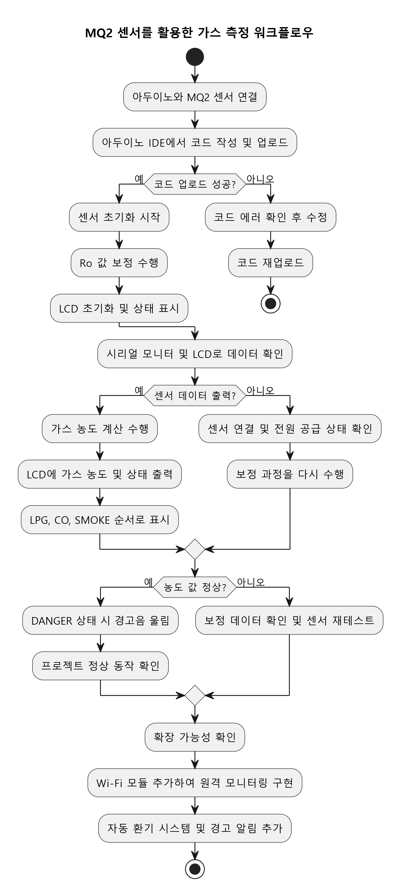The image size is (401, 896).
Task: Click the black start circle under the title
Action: pyautogui.click(x=195, y=57)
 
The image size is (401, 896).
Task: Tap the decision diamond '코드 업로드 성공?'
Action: pyautogui.click(x=195, y=184)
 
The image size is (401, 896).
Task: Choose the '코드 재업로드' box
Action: pyautogui.click(x=270, y=263)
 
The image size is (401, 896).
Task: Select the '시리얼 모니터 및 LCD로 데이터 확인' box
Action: pyautogui.click(x=195, y=354)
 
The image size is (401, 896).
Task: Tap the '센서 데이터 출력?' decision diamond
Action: pyautogui.click(x=195, y=395)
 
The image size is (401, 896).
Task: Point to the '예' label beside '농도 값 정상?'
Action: pyautogui.click(x=148, y=582)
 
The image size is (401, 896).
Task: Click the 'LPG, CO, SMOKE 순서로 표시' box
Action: pyautogui.click(x=100, y=520)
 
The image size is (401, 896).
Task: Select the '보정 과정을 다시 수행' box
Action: pyautogui.click(x=290, y=474)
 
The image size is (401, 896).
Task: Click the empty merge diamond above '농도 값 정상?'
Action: pyautogui.click(x=195, y=549)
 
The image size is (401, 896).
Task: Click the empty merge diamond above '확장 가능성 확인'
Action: pyautogui.click(x=195, y=695)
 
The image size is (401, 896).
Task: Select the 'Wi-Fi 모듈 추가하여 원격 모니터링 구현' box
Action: pyautogui.click(x=195, y=783)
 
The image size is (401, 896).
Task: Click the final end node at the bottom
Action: pyautogui.click(x=195, y=869)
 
